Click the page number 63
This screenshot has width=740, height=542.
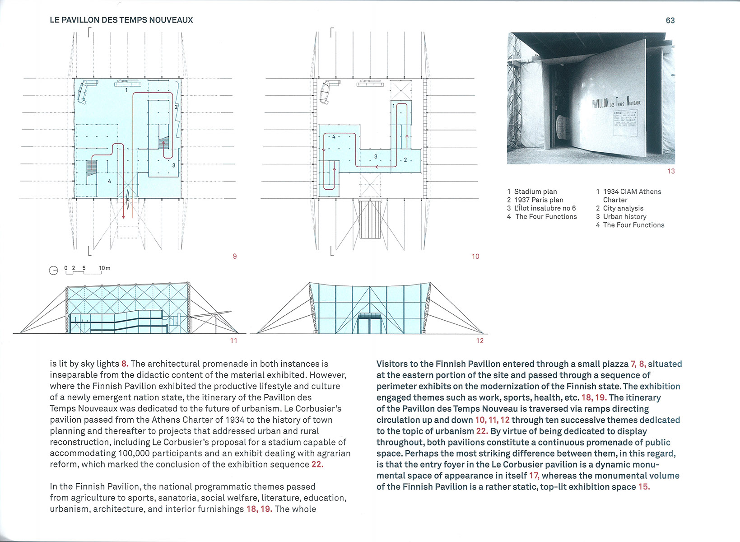[x=670, y=20]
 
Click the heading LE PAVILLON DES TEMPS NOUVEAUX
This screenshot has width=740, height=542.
[x=121, y=20]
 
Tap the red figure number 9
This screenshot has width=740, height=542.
[x=234, y=256]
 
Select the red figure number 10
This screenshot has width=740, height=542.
[x=475, y=256]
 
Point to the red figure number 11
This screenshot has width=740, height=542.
[x=233, y=341]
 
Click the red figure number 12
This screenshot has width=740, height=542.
[x=479, y=341]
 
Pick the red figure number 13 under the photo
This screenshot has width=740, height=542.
[x=671, y=171]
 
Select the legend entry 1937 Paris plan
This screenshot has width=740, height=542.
[x=539, y=200]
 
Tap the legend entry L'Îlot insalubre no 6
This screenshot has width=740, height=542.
[x=545, y=208]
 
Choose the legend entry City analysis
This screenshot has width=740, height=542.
[x=623, y=208]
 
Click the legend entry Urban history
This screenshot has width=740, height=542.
[x=624, y=216]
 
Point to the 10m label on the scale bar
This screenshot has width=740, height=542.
[x=104, y=268]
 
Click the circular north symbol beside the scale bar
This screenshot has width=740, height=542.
[x=53, y=270]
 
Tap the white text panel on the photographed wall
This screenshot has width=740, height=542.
[x=625, y=122]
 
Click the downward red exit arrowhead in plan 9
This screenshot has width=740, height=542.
[x=123, y=216]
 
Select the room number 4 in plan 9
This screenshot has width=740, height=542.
[x=109, y=181]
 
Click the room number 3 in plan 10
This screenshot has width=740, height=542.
[x=376, y=157]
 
